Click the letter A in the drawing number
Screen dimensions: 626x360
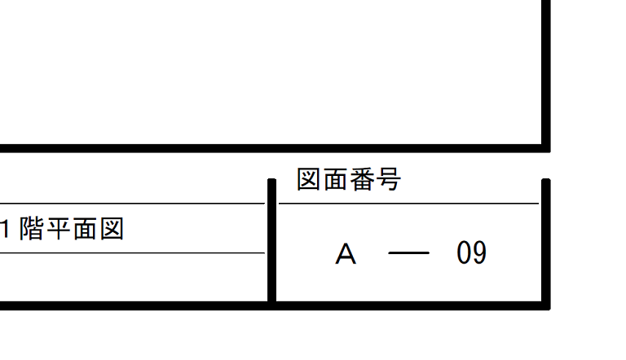(x=346, y=255)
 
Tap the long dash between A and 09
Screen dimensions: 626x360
(x=408, y=254)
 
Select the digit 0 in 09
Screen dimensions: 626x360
(x=465, y=254)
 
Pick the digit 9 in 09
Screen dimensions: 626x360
(x=479, y=254)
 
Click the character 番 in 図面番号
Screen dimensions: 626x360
(x=361, y=180)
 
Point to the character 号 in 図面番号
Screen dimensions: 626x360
(x=388, y=180)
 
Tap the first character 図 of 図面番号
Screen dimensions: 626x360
(x=308, y=180)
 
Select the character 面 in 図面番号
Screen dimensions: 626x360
(x=334, y=180)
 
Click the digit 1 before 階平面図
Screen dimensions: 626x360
(x=5, y=230)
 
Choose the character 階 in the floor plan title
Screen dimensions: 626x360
(x=32, y=230)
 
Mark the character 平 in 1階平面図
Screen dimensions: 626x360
(x=59, y=230)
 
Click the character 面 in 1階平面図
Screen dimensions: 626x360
(x=85, y=230)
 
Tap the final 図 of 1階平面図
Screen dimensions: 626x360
(x=111, y=230)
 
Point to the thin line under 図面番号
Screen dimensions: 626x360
(x=408, y=203)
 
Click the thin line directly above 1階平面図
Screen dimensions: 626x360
(x=130, y=203)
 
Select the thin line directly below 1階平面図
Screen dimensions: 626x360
(x=130, y=253)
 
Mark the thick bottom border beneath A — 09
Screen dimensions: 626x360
(x=408, y=305)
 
